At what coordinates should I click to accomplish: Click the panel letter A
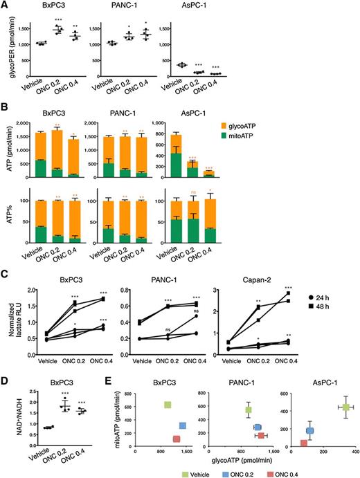pyautogui.click(x=5, y=5)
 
